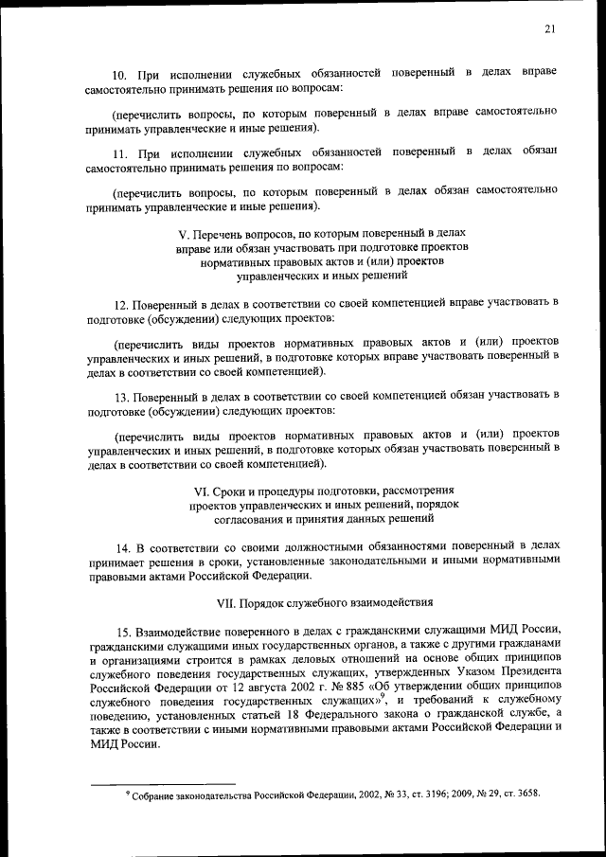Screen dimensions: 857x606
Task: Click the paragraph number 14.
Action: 121,546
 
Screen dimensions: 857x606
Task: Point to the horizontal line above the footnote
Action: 161,783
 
